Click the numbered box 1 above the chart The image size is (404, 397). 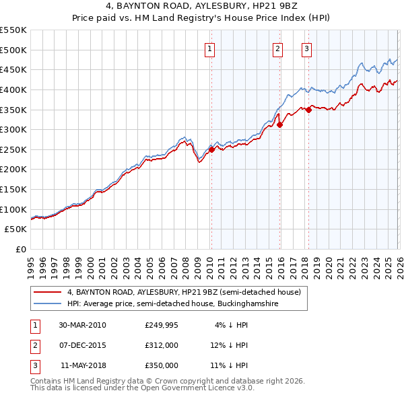coord(210,48)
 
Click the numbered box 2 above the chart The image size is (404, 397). coord(277,48)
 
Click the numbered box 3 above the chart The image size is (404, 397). coord(306,48)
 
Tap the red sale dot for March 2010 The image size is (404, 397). coord(211,150)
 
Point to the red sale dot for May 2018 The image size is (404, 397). coord(308,110)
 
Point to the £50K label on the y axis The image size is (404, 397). coord(16,229)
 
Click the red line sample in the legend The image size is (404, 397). coord(48,292)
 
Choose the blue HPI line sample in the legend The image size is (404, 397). coord(48,303)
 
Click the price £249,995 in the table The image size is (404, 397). coord(161,325)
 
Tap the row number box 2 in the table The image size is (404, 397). coord(34,345)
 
